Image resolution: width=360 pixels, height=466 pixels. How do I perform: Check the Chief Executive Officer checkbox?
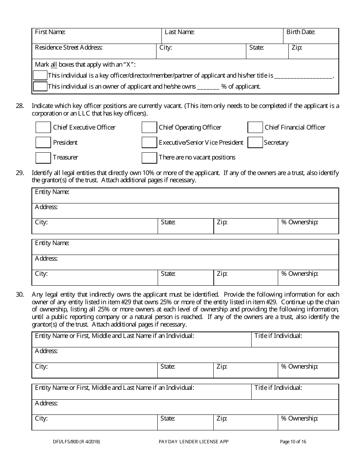point(43,127)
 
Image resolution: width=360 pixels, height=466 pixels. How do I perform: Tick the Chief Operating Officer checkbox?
point(149,127)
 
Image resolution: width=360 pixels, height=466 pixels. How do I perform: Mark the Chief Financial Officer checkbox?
point(255,127)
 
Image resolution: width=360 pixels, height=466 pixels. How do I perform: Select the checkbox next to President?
point(43,142)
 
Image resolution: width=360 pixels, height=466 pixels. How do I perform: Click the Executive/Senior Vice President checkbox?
point(149,142)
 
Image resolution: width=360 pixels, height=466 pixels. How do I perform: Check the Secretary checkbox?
point(255,142)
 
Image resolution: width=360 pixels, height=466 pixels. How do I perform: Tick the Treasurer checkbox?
point(43,157)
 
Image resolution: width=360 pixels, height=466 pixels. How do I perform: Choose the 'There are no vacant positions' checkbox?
point(149,157)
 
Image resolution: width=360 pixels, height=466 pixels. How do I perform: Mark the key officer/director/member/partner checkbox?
point(40,75)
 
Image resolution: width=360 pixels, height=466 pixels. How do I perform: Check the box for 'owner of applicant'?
point(40,86)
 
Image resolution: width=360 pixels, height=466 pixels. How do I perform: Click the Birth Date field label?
point(301,32)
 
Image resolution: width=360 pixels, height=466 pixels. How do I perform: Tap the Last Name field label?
point(179,32)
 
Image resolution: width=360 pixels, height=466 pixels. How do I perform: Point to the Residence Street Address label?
point(69,48)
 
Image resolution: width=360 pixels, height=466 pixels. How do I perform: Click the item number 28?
point(20,106)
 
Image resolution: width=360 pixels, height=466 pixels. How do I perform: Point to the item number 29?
point(20,173)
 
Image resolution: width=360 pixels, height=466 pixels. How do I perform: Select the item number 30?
point(20,295)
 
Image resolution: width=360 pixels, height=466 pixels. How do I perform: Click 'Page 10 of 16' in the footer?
point(293,441)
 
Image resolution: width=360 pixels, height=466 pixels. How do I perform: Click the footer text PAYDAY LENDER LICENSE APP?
point(193,441)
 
